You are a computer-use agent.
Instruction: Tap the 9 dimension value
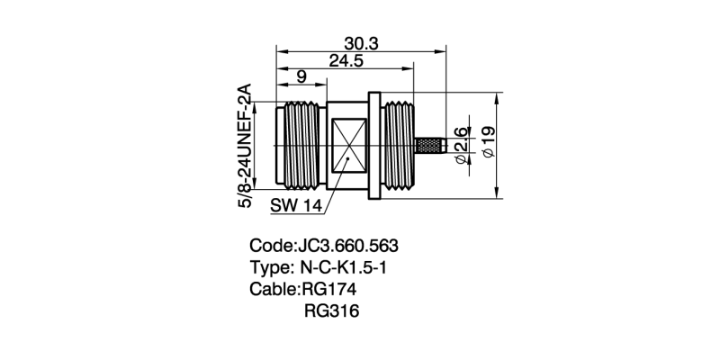[300, 78]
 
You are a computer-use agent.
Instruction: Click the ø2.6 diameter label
[461, 146]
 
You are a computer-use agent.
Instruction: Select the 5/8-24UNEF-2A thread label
[244, 146]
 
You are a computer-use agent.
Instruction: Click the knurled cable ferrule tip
[430, 145]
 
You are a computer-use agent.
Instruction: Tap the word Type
[269, 267]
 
